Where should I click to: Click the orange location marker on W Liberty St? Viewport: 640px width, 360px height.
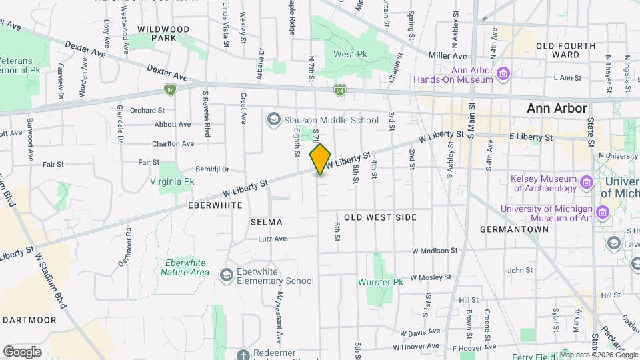(321, 159)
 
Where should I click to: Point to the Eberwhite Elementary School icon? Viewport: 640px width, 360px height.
(227, 275)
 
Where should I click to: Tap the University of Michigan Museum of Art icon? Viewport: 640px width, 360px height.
(603, 212)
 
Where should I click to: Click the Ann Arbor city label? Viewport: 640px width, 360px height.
(557, 108)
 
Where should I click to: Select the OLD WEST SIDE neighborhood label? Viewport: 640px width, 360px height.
(380, 217)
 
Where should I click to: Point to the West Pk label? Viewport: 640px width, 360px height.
(351, 54)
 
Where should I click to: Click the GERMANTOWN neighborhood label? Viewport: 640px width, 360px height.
(514, 229)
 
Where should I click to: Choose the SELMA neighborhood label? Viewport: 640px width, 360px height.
(267, 221)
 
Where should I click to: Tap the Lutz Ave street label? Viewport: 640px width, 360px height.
(272, 239)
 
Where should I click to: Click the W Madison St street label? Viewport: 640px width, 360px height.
(435, 251)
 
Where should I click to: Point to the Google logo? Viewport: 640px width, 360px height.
(22, 351)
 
